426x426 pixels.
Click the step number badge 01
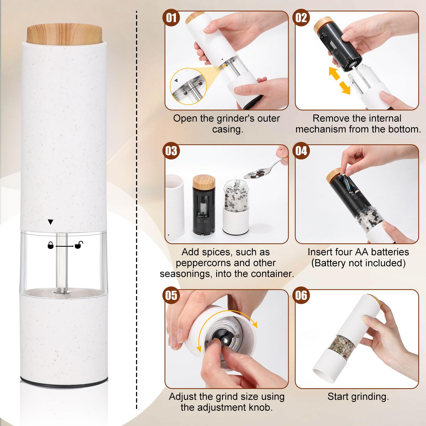pyautogui.click(x=171, y=18)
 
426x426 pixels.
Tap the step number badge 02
pyautogui.click(x=301, y=18)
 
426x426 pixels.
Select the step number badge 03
pyautogui.click(x=171, y=151)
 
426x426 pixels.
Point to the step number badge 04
pyautogui.click(x=301, y=151)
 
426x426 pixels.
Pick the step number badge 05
pyautogui.click(x=171, y=295)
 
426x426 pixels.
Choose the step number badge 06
pyautogui.click(x=301, y=295)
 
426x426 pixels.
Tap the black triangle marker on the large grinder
pyautogui.click(x=50, y=222)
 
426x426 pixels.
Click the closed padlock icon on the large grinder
pyautogui.click(x=50, y=245)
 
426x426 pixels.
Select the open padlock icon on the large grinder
pyautogui.click(x=79, y=245)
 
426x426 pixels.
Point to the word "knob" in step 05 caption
pyautogui.click(x=261, y=407)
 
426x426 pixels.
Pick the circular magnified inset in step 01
pyautogui.click(x=188, y=86)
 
